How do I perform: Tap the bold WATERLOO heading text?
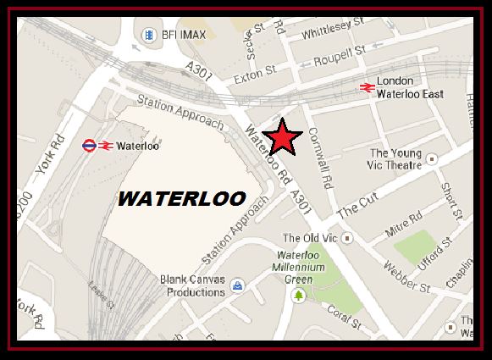pyautogui.click(x=181, y=199)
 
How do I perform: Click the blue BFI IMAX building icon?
pyautogui.click(x=150, y=35)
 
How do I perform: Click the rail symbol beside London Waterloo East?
pyautogui.click(x=367, y=86)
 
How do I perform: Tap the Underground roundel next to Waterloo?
pyautogui.click(x=89, y=146)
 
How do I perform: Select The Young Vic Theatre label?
pyautogui.click(x=395, y=159)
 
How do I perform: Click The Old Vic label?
pyautogui.click(x=309, y=238)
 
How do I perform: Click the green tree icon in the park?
pyautogui.click(x=298, y=294)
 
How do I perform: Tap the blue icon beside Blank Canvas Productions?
pyautogui.click(x=238, y=285)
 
